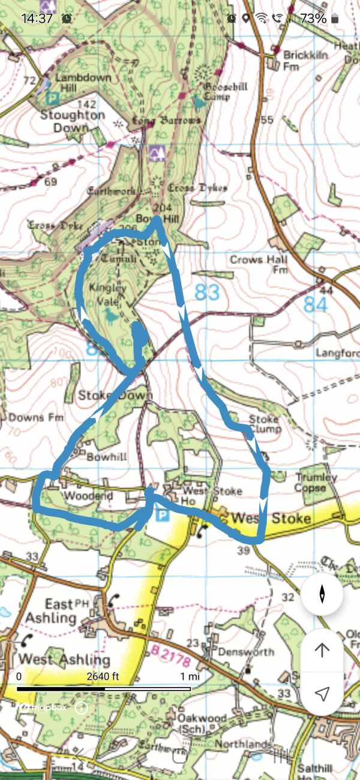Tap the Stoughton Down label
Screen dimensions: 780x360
pyautogui.click(x=73, y=121)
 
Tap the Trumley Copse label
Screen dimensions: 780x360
pyautogui.click(x=316, y=482)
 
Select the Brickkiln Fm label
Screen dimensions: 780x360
pyautogui.click(x=300, y=60)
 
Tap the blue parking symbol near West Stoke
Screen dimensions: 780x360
pyautogui.click(x=161, y=515)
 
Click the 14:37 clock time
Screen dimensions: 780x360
pyautogui.click(x=37, y=19)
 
